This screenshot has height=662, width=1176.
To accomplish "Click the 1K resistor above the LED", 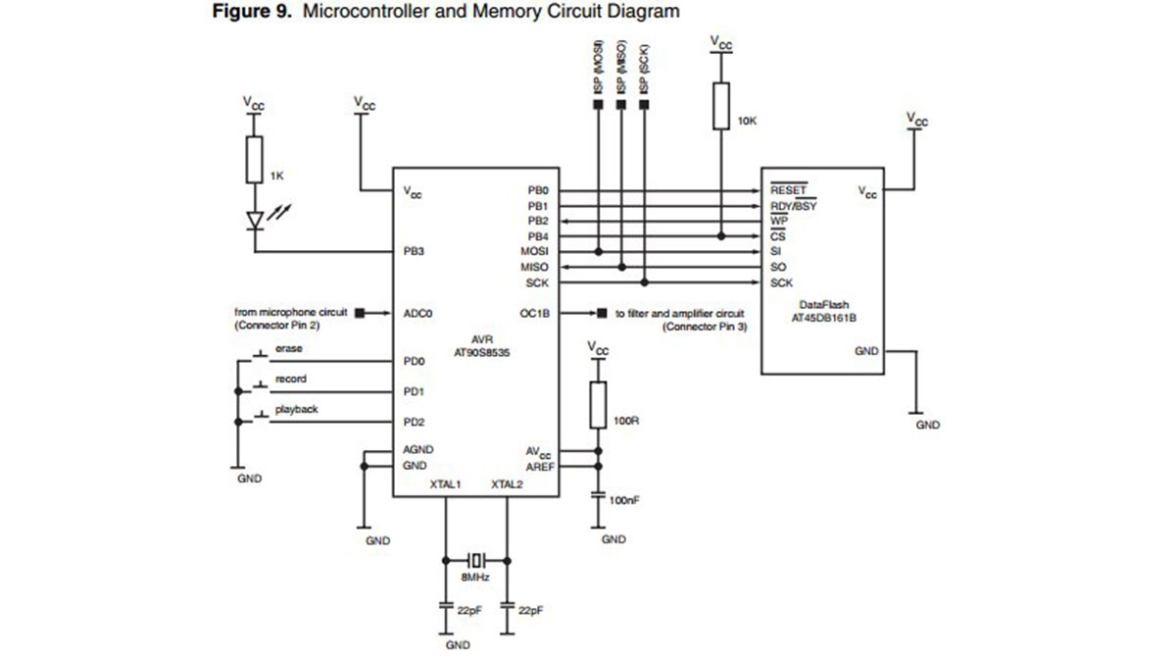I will click(255, 161).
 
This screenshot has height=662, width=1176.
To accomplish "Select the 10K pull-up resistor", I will click(721, 107).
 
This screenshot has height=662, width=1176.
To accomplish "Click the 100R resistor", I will click(597, 405).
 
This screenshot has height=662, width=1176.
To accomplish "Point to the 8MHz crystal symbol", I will click(476, 561).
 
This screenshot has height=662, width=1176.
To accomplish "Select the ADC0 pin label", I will click(417, 314).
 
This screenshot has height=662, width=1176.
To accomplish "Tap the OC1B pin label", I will click(534, 314).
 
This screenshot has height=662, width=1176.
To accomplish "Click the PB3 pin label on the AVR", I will click(413, 252).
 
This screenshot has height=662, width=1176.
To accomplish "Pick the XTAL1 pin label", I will click(445, 484).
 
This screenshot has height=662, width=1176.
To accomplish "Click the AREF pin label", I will click(539, 467).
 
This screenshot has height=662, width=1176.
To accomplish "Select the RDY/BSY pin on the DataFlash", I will click(793, 206).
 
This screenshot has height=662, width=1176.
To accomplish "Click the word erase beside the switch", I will click(288, 348).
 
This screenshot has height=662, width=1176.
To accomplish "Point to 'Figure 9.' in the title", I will click(247, 12).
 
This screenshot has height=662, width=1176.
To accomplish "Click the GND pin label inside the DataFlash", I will click(866, 350).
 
